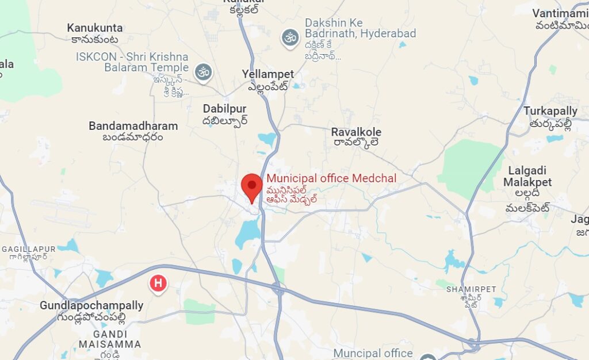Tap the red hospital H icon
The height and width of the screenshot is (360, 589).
coord(158,284)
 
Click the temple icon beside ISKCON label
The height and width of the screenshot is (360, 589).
coord(202,72)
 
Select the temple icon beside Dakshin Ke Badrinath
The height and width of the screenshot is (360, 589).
coord(290,38)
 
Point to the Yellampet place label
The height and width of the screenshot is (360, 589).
coord(268,74)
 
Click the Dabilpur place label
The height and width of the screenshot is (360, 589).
coord(224,109)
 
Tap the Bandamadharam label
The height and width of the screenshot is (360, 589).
coord(133,125)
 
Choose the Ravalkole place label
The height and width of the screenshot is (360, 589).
coord(356,132)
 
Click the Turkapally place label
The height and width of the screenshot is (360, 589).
coord(550,111)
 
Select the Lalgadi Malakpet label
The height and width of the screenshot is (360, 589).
coord(527,176)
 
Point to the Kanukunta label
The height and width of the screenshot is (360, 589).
coord(95,28)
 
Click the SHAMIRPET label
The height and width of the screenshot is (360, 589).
coord(471,289)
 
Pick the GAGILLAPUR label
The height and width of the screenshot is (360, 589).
coord(29,249)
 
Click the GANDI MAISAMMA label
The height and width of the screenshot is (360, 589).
coord(110,339)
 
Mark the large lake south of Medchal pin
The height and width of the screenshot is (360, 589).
coord(248,231)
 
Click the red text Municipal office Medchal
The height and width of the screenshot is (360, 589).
coord(331,178)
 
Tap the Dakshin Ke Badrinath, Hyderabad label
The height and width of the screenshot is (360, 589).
coord(360,28)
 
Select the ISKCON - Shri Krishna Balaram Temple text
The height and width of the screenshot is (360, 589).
coord(132,62)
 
